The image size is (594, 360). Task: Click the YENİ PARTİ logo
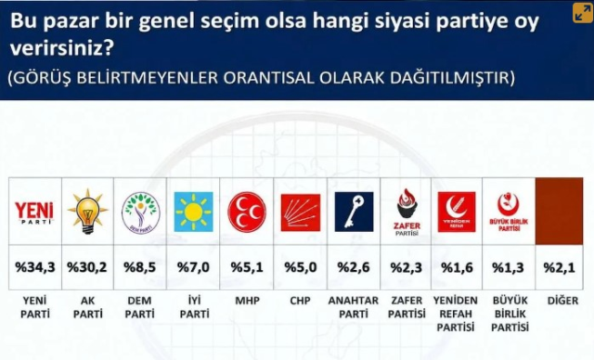coord(34,212)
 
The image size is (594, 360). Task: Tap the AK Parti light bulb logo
coord(87,212)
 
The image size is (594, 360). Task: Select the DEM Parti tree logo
coord(140,212)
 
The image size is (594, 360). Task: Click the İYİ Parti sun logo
coord(194,212)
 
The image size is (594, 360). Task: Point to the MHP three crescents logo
coord(247,212)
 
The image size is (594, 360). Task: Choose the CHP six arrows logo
coord(301,212)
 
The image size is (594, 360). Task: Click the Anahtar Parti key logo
coord(354,212)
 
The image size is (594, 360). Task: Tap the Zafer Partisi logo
coord(407,212)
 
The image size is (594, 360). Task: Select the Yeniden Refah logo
coord(457,212)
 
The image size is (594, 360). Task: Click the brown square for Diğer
coord(559,212)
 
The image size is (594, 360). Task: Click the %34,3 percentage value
coord(35,267)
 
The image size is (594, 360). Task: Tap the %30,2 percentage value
coord(87,267)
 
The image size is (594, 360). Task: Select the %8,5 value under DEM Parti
coord(140,267)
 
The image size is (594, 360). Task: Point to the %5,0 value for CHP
coord(301,267)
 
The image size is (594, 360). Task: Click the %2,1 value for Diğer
coord(559,267)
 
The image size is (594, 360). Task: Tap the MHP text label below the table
coord(248,301)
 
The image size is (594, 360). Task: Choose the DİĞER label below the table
coord(563,301)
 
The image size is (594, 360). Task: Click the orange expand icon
coord(583,13)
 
